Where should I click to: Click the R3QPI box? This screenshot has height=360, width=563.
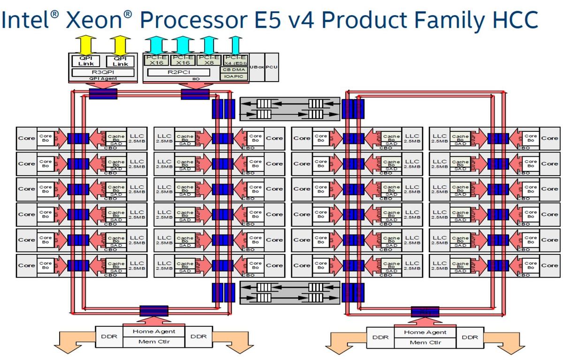[x=103, y=73]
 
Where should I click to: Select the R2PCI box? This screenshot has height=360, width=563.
[x=180, y=73]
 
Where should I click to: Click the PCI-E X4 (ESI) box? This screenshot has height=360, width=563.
[x=234, y=60]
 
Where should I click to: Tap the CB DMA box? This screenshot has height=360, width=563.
[x=234, y=69]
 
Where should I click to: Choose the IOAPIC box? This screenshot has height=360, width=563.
[x=234, y=76]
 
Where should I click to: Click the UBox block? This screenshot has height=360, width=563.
[x=257, y=67]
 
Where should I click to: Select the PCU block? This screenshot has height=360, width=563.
[x=272, y=67]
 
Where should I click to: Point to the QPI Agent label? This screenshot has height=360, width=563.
[x=103, y=79]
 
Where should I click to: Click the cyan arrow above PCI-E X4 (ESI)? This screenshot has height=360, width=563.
[x=236, y=44]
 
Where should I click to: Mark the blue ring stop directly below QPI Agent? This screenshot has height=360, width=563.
[x=103, y=94]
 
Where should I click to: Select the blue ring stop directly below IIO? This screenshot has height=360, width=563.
[x=195, y=94]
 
